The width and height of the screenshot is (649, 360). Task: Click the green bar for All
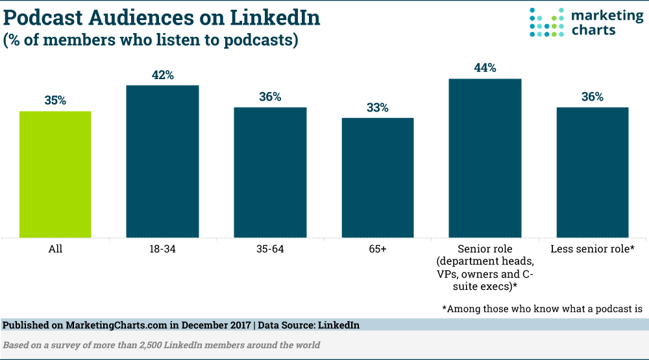pos(55,174)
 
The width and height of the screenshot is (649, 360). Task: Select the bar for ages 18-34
pos(162,161)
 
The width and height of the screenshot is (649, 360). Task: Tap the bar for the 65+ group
pos(378,177)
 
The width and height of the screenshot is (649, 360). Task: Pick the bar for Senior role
pos(485,158)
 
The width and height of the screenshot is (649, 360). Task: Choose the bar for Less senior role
pos(593,172)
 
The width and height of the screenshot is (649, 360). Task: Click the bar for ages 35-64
pos(270,172)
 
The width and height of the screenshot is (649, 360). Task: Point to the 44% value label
pos(485,68)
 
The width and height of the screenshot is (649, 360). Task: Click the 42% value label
pos(162,75)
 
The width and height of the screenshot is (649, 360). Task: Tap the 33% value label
pos(378,108)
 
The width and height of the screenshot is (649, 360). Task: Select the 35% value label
pos(55,101)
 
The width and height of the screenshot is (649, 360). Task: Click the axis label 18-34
pos(162,249)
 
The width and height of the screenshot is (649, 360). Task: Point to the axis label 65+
pos(378,249)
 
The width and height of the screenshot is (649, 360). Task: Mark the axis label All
pos(55,249)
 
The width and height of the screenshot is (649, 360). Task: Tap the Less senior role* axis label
pos(593,249)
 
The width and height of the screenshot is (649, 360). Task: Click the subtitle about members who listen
pos(151,40)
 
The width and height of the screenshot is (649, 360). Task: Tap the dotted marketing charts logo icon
pos(547,23)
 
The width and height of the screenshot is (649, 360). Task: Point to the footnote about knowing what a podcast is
pos(543,308)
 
